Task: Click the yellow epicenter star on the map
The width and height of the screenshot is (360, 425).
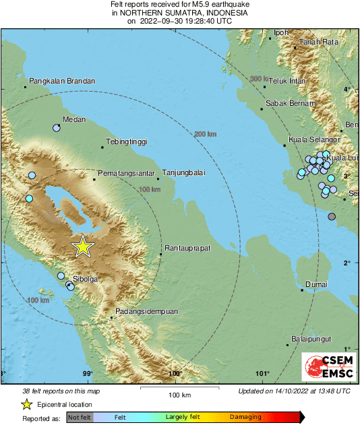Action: click(82, 247)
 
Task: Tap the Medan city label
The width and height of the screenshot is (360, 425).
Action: click(73, 120)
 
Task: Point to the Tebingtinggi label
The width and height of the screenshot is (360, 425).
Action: click(127, 142)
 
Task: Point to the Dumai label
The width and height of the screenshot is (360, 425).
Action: click(316, 285)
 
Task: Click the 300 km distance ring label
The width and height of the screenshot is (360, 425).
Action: click(259, 79)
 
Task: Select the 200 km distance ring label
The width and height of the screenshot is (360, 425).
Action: click(206, 135)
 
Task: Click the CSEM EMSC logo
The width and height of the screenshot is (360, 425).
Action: click(326, 367)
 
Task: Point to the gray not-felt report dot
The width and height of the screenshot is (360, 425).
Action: click(332, 216)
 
